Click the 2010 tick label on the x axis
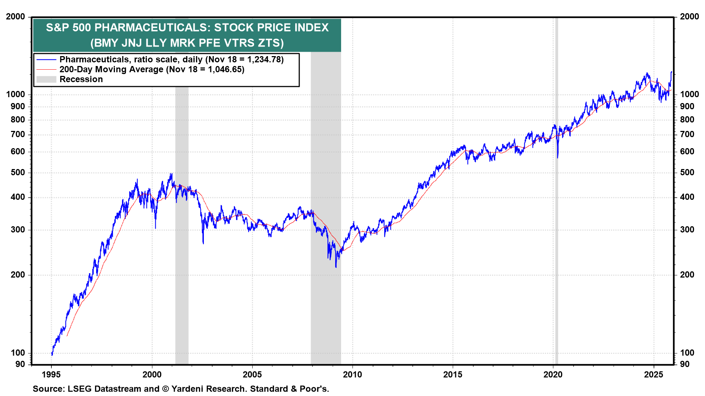click(352, 374)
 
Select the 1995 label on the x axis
click(51, 374)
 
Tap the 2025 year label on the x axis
click(654, 374)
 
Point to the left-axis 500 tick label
click(18, 172)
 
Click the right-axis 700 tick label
click(687, 134)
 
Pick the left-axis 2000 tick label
click(15, 16)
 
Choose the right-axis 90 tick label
click(685, 364)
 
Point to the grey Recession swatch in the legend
click(46, 79)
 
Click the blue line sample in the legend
click(46, 59)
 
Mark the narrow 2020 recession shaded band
click(556, 220)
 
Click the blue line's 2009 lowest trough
click(336, 267)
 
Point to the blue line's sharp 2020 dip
click(557, 157)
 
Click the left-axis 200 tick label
click(18, 275)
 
